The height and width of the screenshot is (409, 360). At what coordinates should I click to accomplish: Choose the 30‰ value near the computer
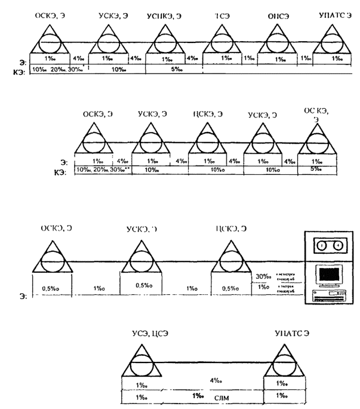tap(261, 276)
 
